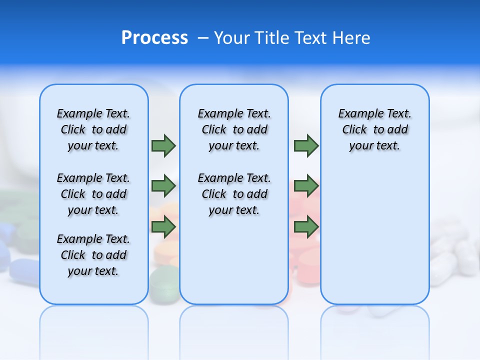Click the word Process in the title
154,37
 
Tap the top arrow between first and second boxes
163,145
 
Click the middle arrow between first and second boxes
163,186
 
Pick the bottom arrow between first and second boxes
163,227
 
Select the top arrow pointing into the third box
306,145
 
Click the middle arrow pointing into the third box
306,186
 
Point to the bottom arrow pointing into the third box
306,227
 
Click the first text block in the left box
93,129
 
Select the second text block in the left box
93,194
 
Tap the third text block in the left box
93,255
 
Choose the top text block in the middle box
234,129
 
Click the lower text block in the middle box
234,194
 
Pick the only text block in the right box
375,129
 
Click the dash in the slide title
203,38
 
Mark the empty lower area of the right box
375,235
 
